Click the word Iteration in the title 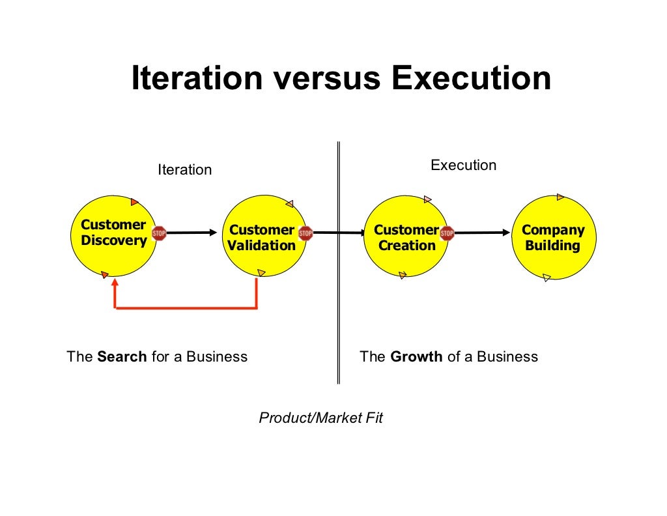pos(197,79)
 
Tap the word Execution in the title pos(471,79)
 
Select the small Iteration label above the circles pos(185,170)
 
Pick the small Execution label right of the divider pos(463,165)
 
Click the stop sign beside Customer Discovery pos(159,233)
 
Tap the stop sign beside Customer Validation pos(305,233)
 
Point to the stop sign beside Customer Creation pos(447,233)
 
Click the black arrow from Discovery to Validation pos(192,233)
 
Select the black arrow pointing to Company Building pos(482,233)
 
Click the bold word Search pos(122,357)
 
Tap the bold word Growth pos(416,357)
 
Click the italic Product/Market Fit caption pos(320,418)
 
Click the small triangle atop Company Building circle pos(560,197)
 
